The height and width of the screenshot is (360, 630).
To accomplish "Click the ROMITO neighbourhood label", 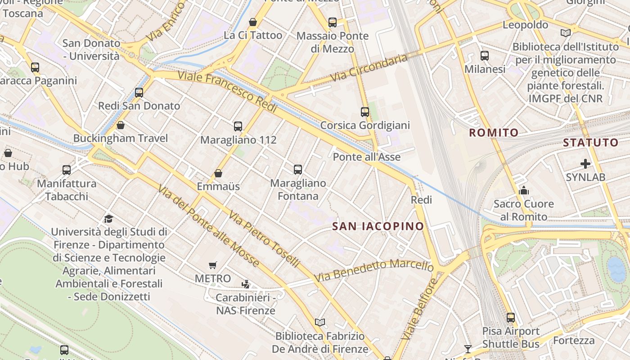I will pyautogui.click(x=494, y=133).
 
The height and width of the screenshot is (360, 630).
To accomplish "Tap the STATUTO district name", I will pyautogui.click(x=590, y=143).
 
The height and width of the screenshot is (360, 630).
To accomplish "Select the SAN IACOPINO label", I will pyautogui.click(x=378, y=226).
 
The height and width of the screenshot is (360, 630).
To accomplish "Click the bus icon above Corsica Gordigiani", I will pyautogui.click(x=365, y=112).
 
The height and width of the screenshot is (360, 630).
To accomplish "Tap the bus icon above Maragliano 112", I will pyautogui.click(x=238, y=126).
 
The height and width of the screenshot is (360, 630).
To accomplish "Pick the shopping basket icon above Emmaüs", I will pyautogui.click(x=218, y=173).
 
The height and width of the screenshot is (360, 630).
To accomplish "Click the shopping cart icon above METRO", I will pyautogui.click(x=213, y=265).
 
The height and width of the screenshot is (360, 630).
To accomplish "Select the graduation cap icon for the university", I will pyautogui.click(x=108, y=219).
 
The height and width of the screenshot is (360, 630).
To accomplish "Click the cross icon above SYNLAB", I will pyautogui.click(x=585, y=164).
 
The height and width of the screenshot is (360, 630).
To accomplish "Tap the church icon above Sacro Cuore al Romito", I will pyautogui.click(x=523, y=191).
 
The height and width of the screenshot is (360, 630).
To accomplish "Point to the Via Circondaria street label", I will pyautogui.click(x=369, y=68).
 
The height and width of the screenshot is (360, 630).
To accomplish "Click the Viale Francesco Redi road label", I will pyautogui.click(x=227, y=88).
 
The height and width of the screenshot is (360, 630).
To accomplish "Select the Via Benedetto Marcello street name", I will pyautogui.click(x=373, y=270).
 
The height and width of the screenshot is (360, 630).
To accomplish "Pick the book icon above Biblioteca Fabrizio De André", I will pyautogui.click(x=320, y=323).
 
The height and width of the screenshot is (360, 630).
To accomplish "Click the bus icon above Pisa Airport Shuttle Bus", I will pyautogui.click(x=510, y=318).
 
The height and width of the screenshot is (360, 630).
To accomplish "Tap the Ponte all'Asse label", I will pyautogui.click(x=366, y=157).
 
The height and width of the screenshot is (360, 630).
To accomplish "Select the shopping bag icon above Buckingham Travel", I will pyautogui.click(x=120, y=125).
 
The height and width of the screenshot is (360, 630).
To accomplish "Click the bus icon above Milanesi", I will pyautogui.click(x=485, y=56).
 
